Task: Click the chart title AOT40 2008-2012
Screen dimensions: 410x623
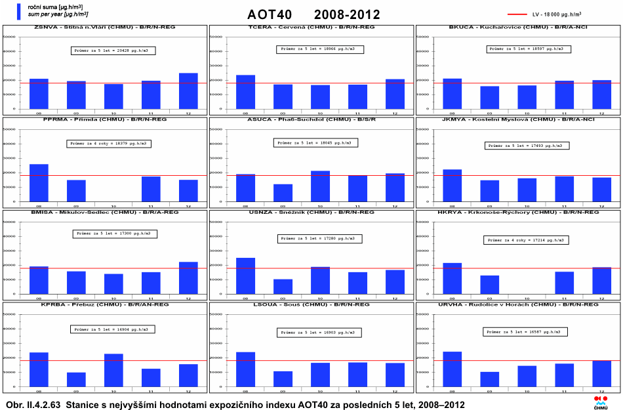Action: [313, 14]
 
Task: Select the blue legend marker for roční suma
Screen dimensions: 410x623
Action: [20, 10]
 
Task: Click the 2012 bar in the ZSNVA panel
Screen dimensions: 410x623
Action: [188, 91]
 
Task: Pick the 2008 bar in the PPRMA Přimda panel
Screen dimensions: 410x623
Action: [39, 182]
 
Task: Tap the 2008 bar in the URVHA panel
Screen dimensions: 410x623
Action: [452, 369]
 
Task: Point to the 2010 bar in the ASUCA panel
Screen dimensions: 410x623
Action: [320, 186]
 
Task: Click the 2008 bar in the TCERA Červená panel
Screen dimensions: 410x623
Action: [245, 92]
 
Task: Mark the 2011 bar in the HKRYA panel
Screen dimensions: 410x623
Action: [565, 282]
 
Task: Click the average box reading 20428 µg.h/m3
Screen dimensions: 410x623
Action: [113, 51]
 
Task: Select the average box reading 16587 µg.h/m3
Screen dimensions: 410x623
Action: [525, 332]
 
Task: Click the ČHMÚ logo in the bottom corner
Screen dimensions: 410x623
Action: [601, 402]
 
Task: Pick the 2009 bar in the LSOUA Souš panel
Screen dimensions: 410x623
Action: [283, 379]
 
